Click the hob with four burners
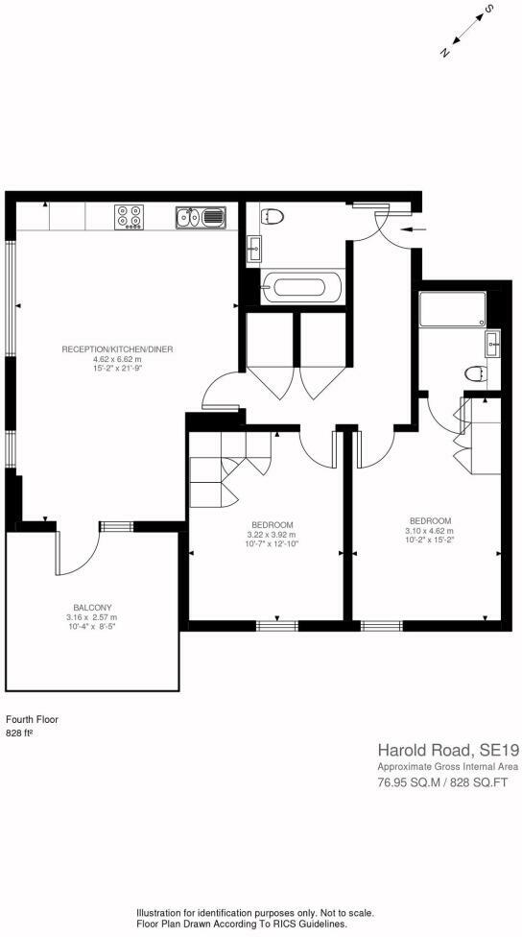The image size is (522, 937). coord(130,217)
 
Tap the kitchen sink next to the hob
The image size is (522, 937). coord(200,218)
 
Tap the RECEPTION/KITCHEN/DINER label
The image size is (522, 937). coord(117,348)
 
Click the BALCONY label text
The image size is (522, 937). coord(93,608)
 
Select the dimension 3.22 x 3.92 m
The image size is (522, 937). coord(271,534)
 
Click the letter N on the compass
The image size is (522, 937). coord(444,52)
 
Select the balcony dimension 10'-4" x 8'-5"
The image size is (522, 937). coord(93,627)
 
